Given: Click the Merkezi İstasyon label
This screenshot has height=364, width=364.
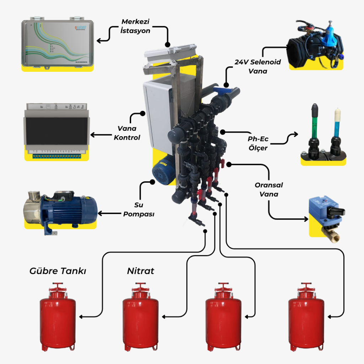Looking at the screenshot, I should [135, 26].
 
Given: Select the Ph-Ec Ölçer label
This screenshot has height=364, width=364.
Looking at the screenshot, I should [258, 144].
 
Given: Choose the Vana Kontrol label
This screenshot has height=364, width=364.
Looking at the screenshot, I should [127, 133].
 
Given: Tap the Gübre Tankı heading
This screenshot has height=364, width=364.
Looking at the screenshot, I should [58, 271].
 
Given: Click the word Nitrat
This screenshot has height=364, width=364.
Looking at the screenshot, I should [141, 271].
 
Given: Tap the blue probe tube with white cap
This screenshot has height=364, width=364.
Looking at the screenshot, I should [336, 124].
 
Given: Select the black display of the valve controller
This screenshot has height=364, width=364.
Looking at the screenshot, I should [57, 131].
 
